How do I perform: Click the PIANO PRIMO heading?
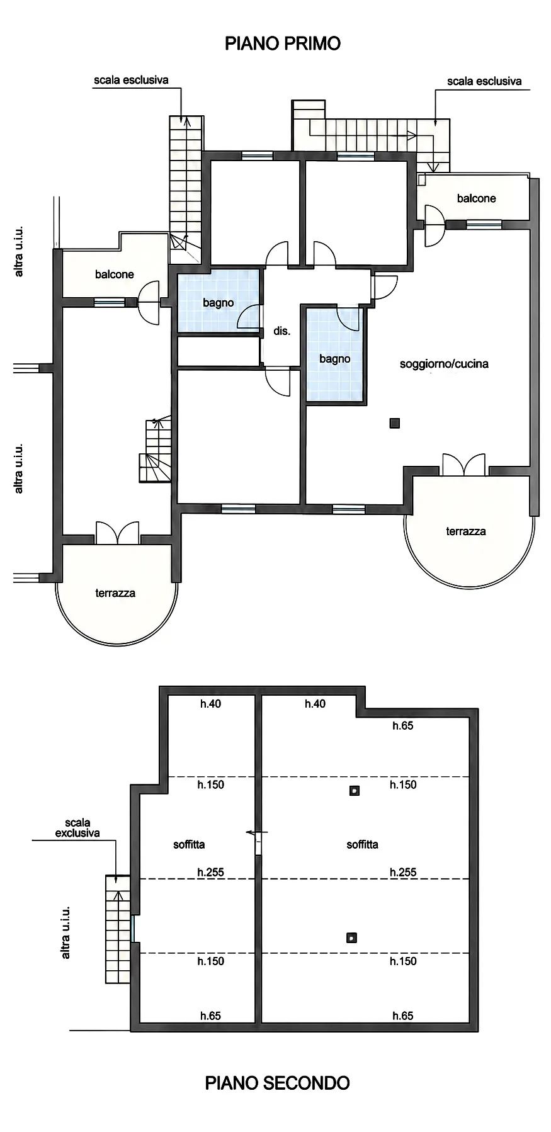(283, 43)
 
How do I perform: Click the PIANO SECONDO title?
(277, 1083)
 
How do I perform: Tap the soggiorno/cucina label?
(444, 364)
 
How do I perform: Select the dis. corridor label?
(281, 331)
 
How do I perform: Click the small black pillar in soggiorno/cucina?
(395, 424)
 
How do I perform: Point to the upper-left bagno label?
(218, 303)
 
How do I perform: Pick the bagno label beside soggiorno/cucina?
(334, 359)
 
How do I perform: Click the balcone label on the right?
(476, 198)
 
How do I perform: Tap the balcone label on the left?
(115, 275)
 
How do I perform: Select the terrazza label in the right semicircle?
(466, 531)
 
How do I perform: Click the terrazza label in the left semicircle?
(115, 593)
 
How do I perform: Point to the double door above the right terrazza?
(464, 465)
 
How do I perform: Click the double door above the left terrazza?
(117, 533)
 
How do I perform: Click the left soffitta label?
(189, 845)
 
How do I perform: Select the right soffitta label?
(362, 845)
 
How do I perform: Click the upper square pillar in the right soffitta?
(355, 791)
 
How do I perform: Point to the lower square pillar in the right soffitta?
(352, 938)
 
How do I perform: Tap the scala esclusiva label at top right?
(484, 81)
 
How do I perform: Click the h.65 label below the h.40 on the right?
(403, 726)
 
